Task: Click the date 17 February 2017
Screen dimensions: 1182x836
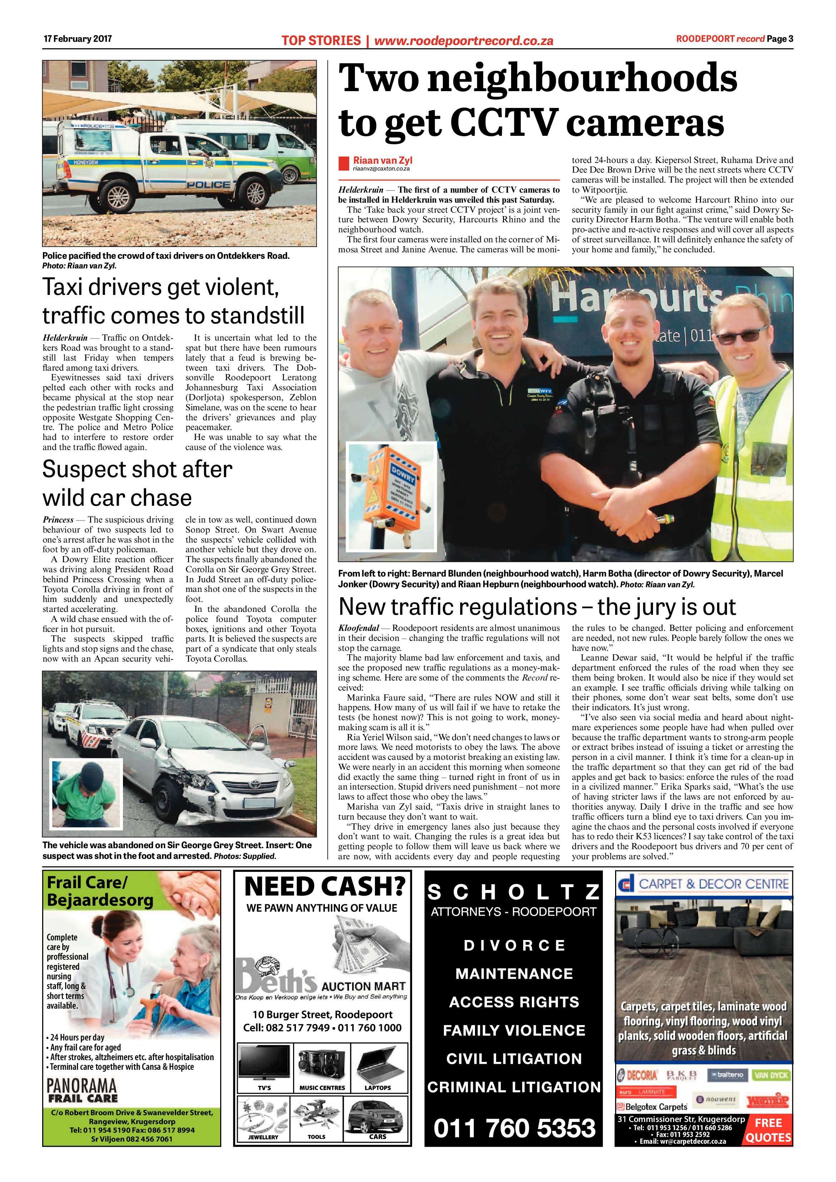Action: pyautogui.click(x=77, y=39)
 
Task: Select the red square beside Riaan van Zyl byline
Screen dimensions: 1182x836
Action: pyautogui.click(x=344, y=164)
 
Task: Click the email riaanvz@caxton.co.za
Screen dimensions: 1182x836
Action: pyautogui.click(x=381, y=169)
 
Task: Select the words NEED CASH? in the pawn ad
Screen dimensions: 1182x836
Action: pyautogui.click(x=325, y=887)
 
